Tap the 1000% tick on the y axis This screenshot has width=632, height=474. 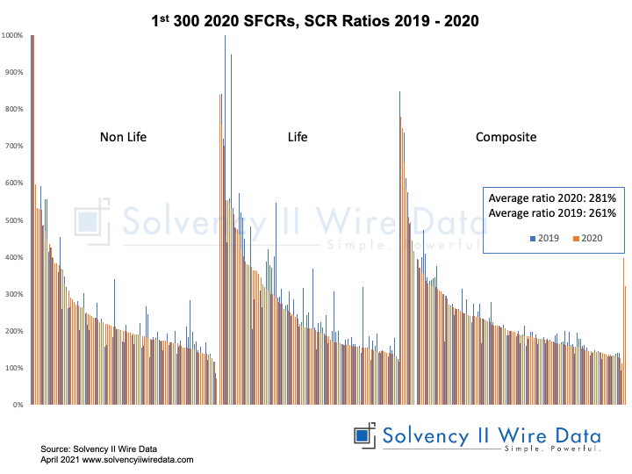(13, 36)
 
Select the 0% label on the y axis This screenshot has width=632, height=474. (18, 406)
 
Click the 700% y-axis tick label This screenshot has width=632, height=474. (15, 147)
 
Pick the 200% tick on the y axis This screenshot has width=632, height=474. (15, 332)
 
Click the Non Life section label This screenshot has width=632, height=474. (124, 137)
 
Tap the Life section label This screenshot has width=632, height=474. (298, 137)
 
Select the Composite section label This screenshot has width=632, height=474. (506, 137)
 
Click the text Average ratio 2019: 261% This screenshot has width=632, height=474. (552, 213)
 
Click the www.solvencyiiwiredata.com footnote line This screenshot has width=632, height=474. (117, 459)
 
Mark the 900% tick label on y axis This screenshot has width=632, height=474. (15, 73)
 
